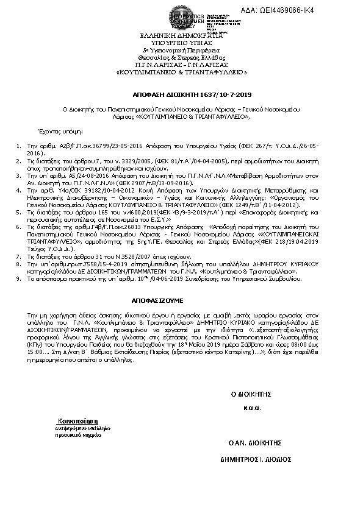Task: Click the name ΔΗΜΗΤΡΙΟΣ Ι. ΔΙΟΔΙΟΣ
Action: click(x=256, y=458)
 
